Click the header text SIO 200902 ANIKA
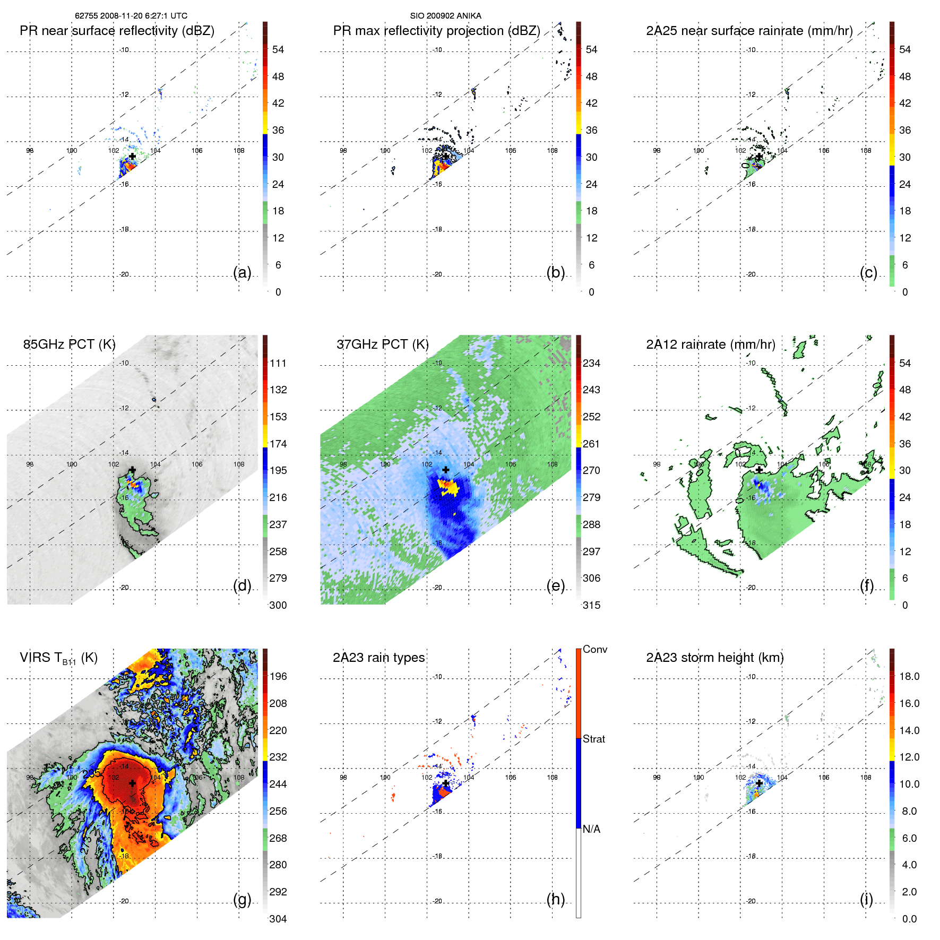pos(445,16)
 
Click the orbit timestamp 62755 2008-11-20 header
pos(131,16)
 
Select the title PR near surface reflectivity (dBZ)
pos(117,31)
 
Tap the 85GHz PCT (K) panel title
pos(69,344)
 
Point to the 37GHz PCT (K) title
pos(382,344)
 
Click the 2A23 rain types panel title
pos(378,658)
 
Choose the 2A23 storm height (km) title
pos(714,658)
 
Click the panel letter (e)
pos(555,585)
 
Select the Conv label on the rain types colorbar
pos(594,649)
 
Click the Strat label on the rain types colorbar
pos(593,739)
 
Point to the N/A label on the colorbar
pos(591,829)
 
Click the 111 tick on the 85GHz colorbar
pos(278,363)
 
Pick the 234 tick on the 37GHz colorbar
pos(591,363)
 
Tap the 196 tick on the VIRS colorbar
pos(278,676)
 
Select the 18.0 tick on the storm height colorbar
pos(909,676)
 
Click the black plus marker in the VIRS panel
pos(132,783)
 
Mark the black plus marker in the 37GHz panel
pos(445,470)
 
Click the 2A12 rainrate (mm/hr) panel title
pos(710,344)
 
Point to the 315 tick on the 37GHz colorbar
pos(591,605)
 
